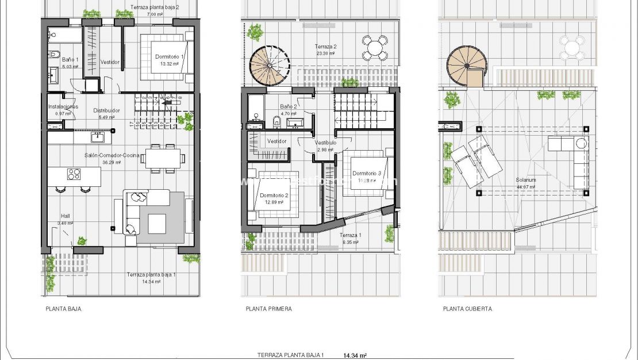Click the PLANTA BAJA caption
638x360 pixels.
coord(63,309)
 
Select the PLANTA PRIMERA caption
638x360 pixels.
coord(268,309)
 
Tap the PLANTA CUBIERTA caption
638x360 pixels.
coord(467,309)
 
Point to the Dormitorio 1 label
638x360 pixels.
coord(170,57)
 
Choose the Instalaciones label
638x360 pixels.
coord(63,106)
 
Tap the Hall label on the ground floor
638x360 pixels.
coord(64,216)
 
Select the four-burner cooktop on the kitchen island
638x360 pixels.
coord(74,174)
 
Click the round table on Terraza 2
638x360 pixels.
coord(374,47)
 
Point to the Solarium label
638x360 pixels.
coord(526,179)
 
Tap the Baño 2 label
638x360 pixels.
coord(289,106)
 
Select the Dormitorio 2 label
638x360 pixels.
coord(274,196)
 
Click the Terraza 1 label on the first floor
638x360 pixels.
coord(351,236)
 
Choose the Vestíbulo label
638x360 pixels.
coord(325,143)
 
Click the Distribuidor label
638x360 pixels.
coord(106,110)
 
